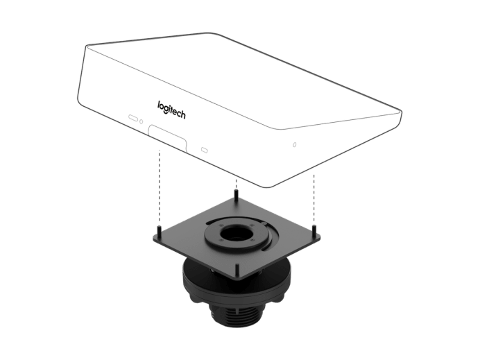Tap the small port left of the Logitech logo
click(x=132, y=117)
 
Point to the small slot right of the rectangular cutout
click(x=204, y=150)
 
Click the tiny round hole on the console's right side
click(x=294, y=145)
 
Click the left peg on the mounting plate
click(x=159, y=230)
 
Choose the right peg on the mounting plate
click(x=315, y=228)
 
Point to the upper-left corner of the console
click(x=85, y=48)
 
